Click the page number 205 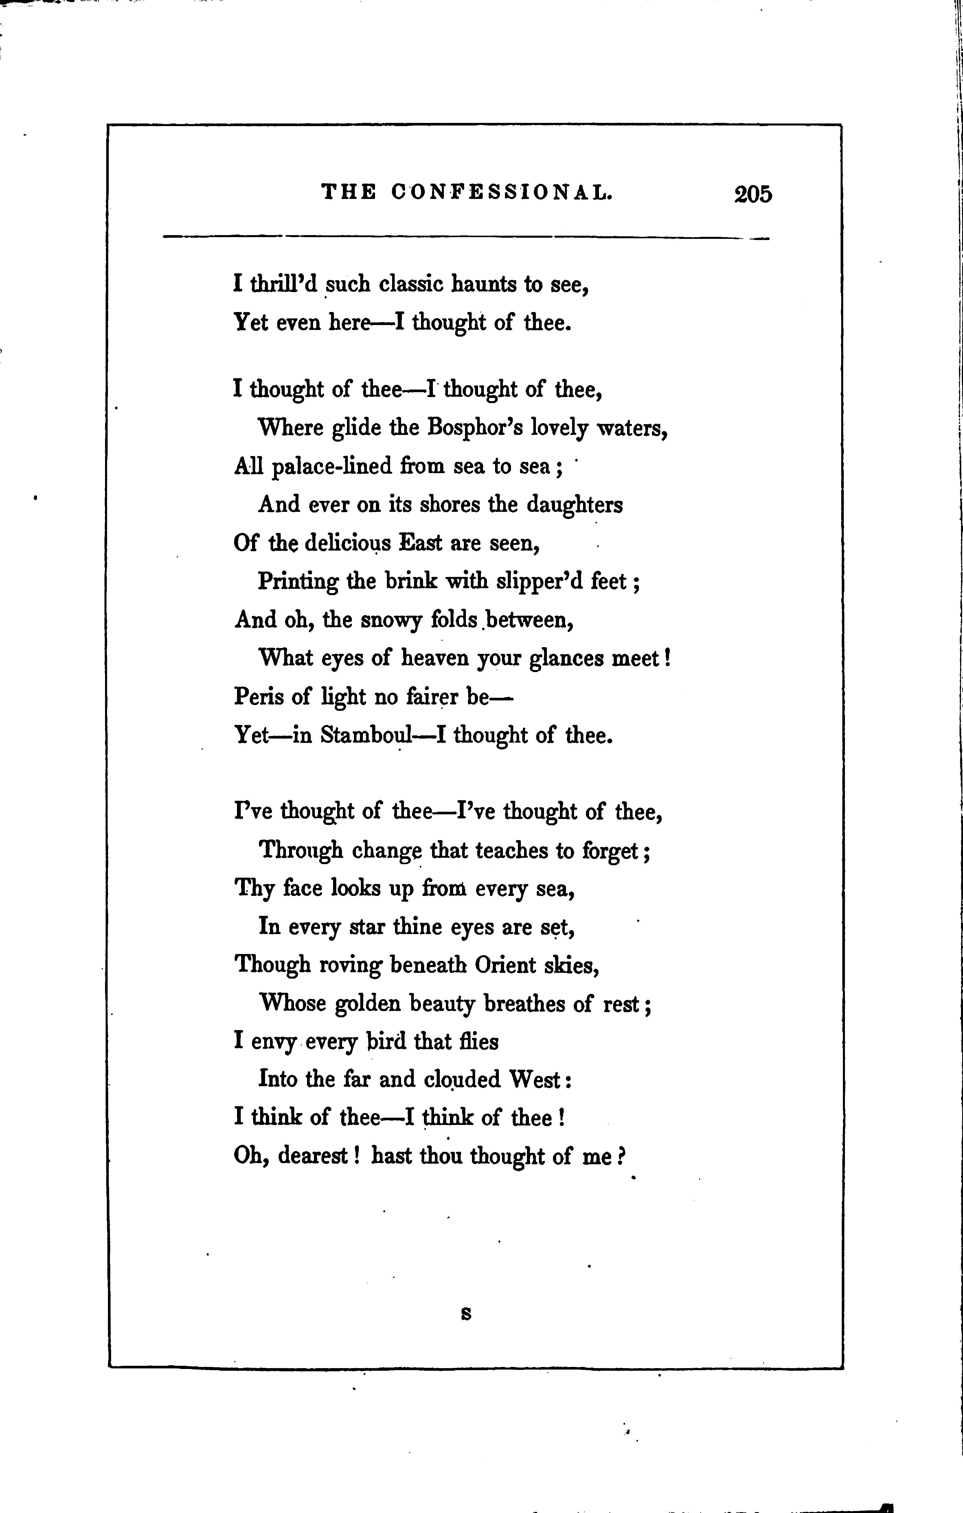pos(752,194)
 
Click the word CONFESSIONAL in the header pos(501,192)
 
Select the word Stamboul pos(366,735)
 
